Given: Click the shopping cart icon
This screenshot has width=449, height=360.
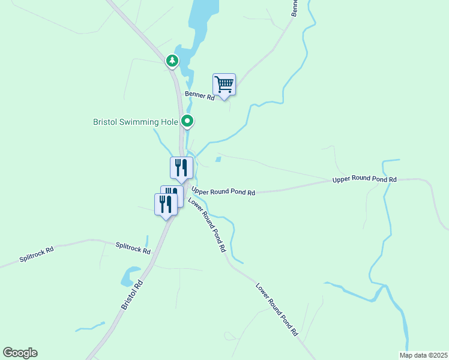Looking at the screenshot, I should click(x=224, y=85).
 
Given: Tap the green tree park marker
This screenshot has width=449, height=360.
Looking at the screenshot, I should click(x=172, y=61).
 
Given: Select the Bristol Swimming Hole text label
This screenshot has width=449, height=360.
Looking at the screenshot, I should click(x=136, y=122).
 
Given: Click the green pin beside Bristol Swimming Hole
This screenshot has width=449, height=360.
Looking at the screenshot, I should click(x=188, y=122).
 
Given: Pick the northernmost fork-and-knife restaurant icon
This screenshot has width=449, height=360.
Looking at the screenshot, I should click(x=181, y=167).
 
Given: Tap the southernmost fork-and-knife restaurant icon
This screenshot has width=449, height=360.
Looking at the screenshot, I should click(x=166, y=204).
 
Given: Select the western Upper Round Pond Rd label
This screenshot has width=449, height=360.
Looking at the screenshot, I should click(x=223, y=191).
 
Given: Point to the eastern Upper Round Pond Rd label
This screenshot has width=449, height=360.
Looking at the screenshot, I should click(x=364, y=179).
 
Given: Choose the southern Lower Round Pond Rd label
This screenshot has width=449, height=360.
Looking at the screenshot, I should click(x=277, y=310).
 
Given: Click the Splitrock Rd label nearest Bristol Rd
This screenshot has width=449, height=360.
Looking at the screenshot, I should click(x=133, y=248).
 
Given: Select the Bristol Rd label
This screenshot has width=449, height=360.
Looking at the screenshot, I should click(x=133, y=294).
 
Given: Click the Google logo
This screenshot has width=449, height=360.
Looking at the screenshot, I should click(x=20, y=353).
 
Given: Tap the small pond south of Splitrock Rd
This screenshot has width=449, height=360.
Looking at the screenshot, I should click(x=127, y=278).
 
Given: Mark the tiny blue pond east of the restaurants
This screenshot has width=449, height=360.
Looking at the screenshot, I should click(x=218, y=160).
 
